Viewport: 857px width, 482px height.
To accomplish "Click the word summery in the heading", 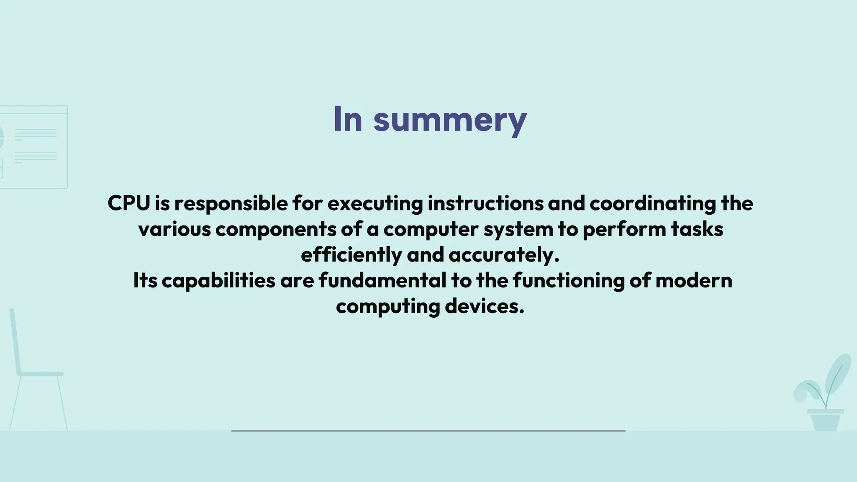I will pyautogui.click(x=450, y=120).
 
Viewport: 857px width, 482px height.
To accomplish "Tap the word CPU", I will pyautogui.click(x=128, y=203).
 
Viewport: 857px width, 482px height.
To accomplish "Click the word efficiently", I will pyautogui.click(x=351, y=255).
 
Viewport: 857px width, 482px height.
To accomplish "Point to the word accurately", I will pyautogui.click(x=504, y=255).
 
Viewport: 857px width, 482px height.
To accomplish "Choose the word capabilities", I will pyautogui.click(x=218, y=281).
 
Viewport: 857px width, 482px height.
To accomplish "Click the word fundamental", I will pyautogui.click(x=382, y=280).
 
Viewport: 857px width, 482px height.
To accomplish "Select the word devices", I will pyautogui.click(x=484, y=306).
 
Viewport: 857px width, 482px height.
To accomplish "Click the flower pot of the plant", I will pyautogui.click(x=825, y=420).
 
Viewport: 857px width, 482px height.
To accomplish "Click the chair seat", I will pyautogui.click(x=40, y=374).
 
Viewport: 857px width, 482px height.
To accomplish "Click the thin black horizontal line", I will pyautogui.click(x=428, y=431).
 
